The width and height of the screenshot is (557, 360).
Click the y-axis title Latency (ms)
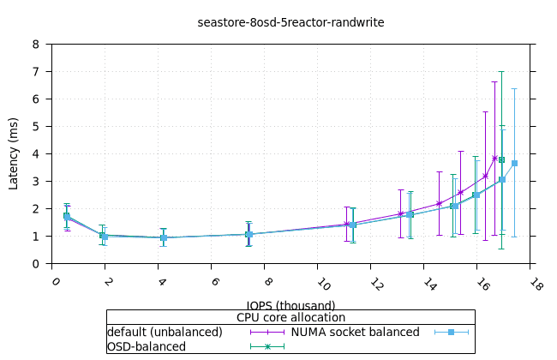tap(14, 154)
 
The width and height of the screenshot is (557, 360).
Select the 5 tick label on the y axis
tap(36, 127)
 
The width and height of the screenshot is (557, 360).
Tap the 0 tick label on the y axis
tap(36, 264)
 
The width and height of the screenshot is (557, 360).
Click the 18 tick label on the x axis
tap(536, 284)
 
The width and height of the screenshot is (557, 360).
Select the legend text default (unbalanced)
tap(165, 332)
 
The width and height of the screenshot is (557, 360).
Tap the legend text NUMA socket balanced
tap(355, 332)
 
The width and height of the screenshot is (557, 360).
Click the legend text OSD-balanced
tap(146, 346)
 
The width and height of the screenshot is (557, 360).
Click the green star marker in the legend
tap(267, 346)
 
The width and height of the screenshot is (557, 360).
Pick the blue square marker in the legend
tap(452, 332)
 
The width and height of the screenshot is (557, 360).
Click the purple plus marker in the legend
tap(267, 332)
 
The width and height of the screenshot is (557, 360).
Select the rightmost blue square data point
tap(514, 163)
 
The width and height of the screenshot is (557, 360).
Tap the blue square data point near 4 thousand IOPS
tap(163, 237)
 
